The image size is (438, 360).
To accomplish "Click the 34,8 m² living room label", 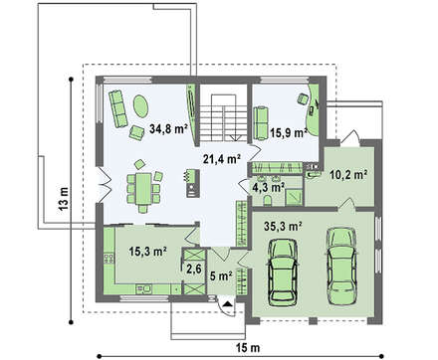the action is (168, 128).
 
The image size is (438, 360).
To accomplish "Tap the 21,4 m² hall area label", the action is (222, 159).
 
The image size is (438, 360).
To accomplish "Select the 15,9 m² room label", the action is (288, 132).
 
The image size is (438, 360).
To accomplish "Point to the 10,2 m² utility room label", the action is (348, 174).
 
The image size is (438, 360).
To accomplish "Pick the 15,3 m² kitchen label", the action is (147, 252).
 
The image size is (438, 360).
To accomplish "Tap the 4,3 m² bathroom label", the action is (269, 187).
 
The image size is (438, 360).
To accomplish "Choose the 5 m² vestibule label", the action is (221, 275).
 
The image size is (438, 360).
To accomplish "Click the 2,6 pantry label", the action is (193, 269).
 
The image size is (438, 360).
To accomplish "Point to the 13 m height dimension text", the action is (64, 199).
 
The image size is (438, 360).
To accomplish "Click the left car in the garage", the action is (283, 270).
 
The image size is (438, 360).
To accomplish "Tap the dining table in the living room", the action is (143, 189).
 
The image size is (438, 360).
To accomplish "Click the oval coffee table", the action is (140, 105).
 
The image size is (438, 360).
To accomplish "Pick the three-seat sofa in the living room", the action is (118, 108).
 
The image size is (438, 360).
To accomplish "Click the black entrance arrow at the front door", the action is (227, 304).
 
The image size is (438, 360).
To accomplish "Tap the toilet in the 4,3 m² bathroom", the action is (268, 200).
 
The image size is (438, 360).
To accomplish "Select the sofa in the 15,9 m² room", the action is (261, 123).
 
